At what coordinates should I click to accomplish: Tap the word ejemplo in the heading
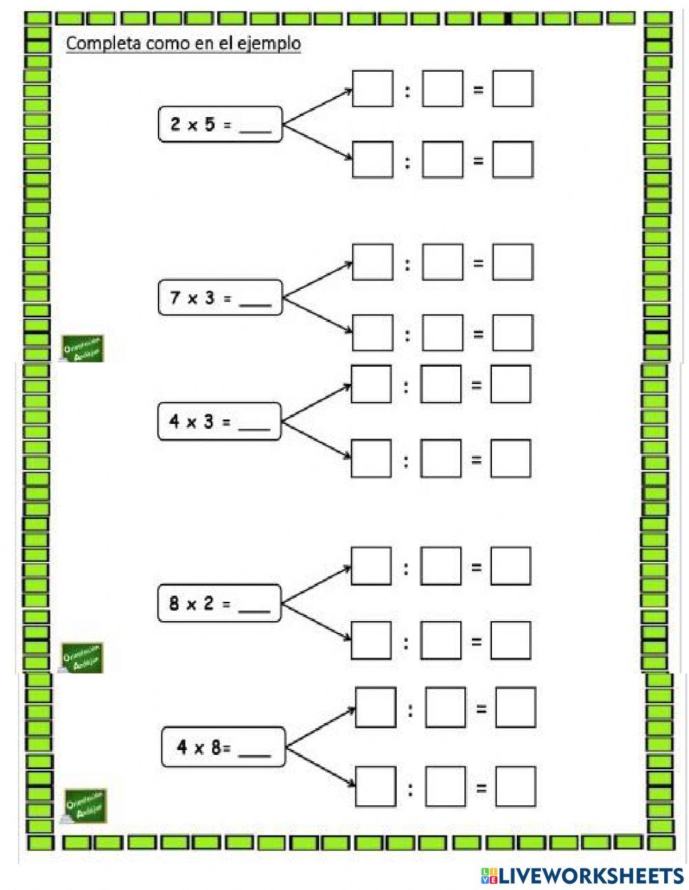pos(274,44)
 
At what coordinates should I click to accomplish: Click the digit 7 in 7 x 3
pos(175,299)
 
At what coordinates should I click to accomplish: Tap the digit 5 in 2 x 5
pos(209,125)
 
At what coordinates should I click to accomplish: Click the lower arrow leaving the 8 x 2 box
pos(317,623)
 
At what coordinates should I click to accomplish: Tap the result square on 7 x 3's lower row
pos(513,334)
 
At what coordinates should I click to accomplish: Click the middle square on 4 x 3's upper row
pos(441,384)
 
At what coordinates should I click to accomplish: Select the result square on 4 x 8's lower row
pos(515,787)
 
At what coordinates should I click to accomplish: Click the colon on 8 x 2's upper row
pos(406,567)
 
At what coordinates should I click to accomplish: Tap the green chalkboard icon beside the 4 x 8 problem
pos(85,805)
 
